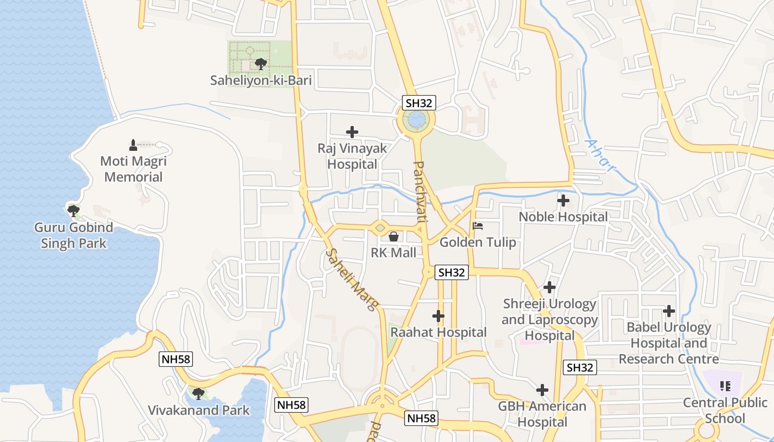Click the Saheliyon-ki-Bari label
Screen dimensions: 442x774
(261, 81)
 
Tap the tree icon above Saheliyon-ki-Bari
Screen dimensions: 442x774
(260, 64)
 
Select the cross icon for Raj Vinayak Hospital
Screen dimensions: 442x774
(352, 132)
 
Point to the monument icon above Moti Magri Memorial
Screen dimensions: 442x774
(133, 145)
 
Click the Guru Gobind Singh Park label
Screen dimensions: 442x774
(74, 235)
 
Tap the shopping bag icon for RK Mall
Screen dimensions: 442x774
(394, 236)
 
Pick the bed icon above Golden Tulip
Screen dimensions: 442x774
(478, 226)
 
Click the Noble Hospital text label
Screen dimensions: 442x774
(563, 217)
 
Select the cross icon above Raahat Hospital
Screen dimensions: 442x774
(438, 316)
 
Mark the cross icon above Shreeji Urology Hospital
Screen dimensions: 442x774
(550, 287)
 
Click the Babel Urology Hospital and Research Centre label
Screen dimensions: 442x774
(669, 343)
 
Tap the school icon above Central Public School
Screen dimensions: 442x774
(725, 386)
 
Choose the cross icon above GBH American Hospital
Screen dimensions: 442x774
(542, 390)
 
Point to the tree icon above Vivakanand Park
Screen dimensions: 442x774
(198, 394)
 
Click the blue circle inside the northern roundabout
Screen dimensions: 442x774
(416, 119)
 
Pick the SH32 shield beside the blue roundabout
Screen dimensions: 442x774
(419, 103)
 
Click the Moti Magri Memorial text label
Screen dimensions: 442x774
(133, 169)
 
